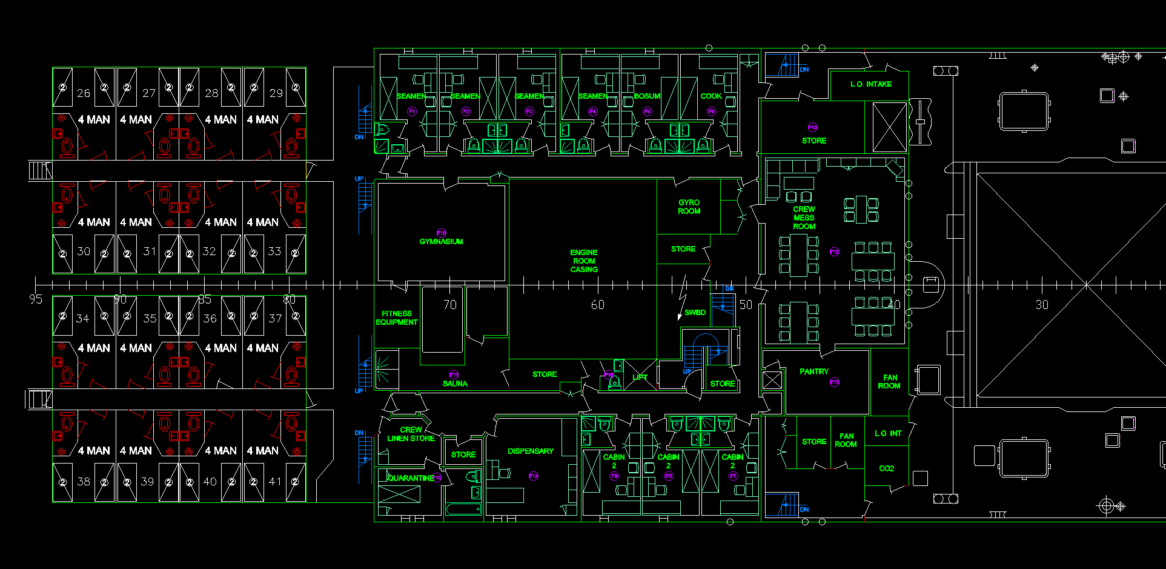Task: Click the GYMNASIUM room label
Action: tap(441, 241)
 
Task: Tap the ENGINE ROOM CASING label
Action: tap(584, 261)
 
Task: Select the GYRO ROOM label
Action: tap(689, 207)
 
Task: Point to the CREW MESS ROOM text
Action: tap(804, 218)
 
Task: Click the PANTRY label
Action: tap(813, 371)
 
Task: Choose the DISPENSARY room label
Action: tap(530, 451)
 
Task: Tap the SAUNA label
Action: tap(454, 384)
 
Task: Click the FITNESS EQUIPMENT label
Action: tap(397, 318)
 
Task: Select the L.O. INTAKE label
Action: tap(870, 84)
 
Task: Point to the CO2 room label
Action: tap(886, 468)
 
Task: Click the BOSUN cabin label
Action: tap(647, 96)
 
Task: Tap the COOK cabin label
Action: tap(711, 96)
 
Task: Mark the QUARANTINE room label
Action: tap(411, 478)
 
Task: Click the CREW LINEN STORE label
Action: tap(411, 434)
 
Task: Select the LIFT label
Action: tap(640, 378)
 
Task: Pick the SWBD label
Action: tap(695, 313)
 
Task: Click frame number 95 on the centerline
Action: tap(36, 299)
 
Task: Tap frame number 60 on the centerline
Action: tap(597, 305)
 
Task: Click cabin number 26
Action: tap(84, 93)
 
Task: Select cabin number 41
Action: tap(275, 482)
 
